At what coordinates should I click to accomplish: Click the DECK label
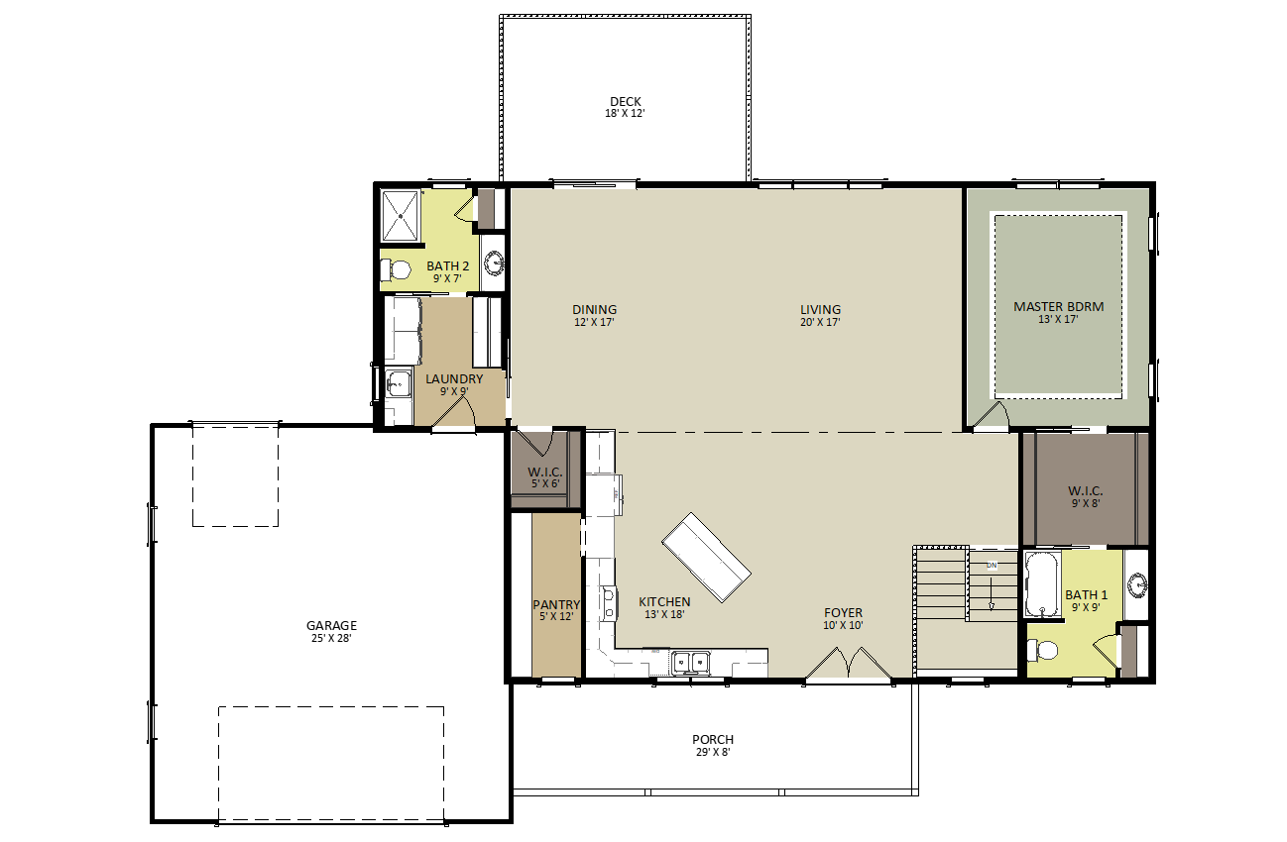pos(625,102)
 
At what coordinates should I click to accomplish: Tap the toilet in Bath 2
pos(396,269)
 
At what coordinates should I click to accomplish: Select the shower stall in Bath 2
pos(401,216)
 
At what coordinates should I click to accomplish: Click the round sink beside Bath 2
pos(494,263)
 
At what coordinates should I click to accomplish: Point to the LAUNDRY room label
pos(454,378)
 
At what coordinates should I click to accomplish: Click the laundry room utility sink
pos(399,383)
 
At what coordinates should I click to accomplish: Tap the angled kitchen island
pos(706,557)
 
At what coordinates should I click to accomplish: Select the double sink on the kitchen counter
pos(691,663)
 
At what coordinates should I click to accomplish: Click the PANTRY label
pos(556,604)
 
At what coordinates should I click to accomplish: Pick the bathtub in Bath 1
pos(1042,584)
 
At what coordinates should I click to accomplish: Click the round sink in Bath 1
pos(1136,585)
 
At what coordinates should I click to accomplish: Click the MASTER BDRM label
pos(1058,306)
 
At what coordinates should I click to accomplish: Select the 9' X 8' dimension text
pos(1086,503)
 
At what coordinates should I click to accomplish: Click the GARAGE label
pos(331,625)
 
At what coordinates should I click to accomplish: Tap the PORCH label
pos(713,739)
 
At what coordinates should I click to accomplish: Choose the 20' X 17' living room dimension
pos(820,322)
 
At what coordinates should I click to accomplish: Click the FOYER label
pos(843,612)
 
